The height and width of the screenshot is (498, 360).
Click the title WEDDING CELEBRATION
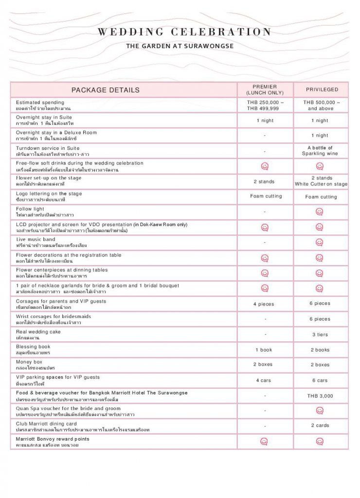click(185, 32)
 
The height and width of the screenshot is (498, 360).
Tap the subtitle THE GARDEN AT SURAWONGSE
click(180, 46)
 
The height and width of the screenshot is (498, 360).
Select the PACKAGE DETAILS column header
click(106, 90)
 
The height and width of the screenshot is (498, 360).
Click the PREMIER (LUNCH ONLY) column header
click(265, 89)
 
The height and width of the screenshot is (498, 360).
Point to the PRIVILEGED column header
click(322, 89)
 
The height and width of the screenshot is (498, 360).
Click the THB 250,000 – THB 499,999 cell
click(265, 106)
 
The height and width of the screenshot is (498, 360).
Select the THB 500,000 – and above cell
click(322, 106)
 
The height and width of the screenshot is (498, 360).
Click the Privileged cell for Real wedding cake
click(320, 335)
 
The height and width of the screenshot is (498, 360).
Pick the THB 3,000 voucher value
click(320, 396)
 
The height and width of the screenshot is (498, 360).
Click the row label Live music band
click(36, 240)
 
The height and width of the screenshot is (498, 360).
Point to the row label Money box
click(29, 362)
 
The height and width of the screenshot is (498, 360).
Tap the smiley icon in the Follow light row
click(320, 212)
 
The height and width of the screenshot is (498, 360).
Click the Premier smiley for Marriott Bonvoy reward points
click(264, 441)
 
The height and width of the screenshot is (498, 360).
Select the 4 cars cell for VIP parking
click(264, 380)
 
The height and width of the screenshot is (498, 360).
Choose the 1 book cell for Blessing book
click(264, 350)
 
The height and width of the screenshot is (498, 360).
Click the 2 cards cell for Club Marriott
click(320, 426)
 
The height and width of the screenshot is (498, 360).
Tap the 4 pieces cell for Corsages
click(264, 304)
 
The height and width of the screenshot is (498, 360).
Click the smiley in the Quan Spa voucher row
click(320, 410)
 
